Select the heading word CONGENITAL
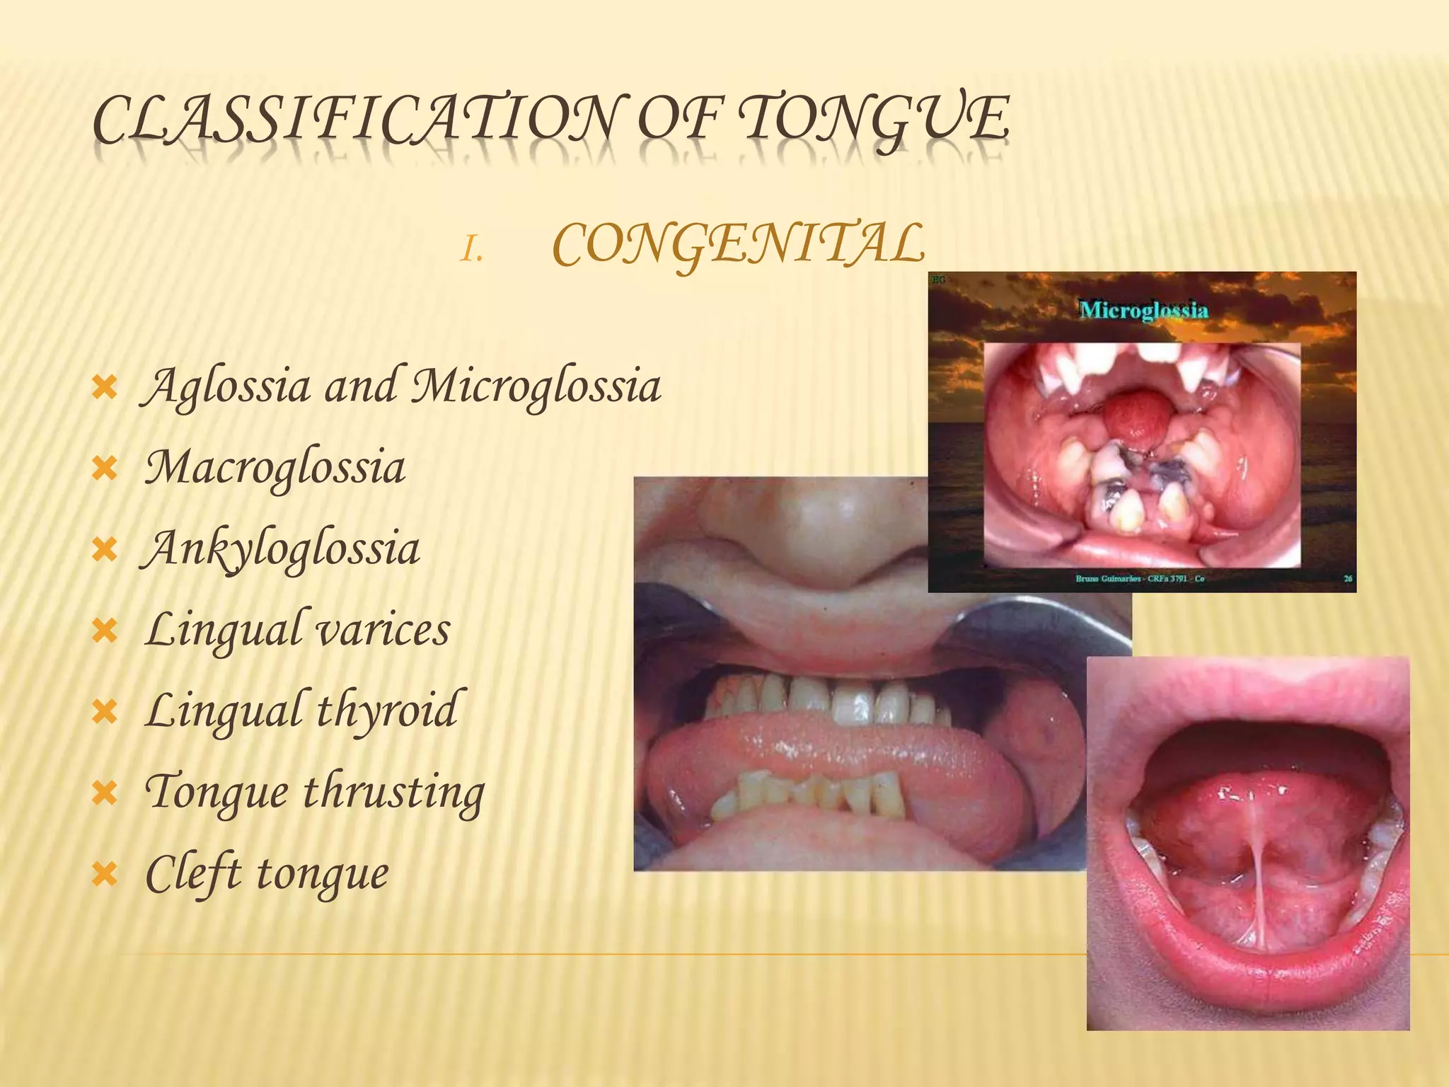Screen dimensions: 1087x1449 (x=738, y=245)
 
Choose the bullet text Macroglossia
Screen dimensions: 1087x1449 (x=275, y=468)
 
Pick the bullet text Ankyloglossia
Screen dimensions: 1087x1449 (x=282, y=550)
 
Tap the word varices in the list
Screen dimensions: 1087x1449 (x=383, y=630)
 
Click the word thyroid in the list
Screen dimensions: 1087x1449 (x=386, y=711)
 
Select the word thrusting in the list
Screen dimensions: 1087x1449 (x=394, y=792)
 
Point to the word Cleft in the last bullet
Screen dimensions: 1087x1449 (x=193, y=873)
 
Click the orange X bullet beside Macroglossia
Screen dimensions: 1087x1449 (x=105, y=469)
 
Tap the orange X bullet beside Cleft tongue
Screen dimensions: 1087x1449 (x=105, y=875)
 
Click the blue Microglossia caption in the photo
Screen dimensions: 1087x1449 (x=1143, y=310)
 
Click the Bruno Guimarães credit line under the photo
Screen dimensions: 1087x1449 (x=1140, y=579)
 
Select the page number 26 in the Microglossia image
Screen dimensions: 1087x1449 (x=1348, y=579)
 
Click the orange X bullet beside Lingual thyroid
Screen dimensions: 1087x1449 (x=105, y=713)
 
